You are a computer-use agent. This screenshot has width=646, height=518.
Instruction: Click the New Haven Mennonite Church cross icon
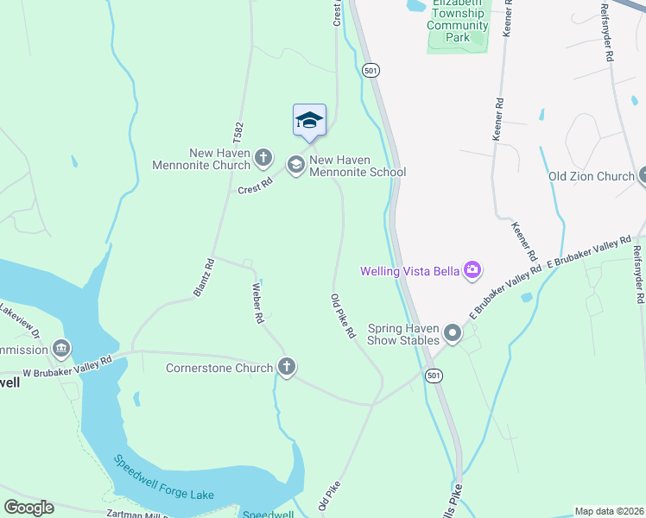coord(264,159)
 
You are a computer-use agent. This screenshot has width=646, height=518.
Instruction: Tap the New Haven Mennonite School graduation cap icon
coord(295,164)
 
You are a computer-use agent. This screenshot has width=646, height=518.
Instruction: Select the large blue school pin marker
coord(309,120)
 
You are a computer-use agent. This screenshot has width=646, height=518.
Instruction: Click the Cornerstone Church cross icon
coord(287,367)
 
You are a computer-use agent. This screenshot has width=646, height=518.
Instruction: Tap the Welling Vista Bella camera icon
coord(472,271)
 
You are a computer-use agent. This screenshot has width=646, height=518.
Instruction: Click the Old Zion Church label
coord(592,176)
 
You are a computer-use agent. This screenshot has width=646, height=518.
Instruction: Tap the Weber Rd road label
coord(257,302)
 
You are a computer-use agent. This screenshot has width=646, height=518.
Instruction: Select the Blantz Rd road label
coord(203,277)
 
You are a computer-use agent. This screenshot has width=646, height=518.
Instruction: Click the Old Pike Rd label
coord(343,316)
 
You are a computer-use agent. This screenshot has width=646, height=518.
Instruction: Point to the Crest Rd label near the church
coord(255,184)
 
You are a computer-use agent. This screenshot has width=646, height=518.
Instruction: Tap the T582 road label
coord(238,137)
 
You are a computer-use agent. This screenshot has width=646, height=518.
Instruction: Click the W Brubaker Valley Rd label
coord(68,366)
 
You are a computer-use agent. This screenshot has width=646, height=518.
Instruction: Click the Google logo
coord(28,508)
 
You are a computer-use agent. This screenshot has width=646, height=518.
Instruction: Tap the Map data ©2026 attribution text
coord(609,511)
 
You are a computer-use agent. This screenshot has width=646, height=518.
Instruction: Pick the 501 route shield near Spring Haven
coord(434,376)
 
